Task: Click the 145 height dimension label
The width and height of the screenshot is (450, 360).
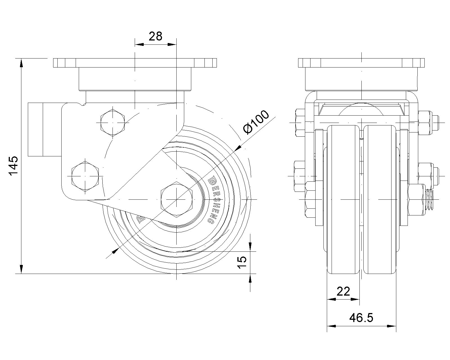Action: click(x=13, y=165)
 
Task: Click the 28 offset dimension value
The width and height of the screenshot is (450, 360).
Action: click(x=155, y=36)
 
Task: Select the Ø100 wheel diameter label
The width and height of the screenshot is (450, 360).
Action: click(x=256, y=122)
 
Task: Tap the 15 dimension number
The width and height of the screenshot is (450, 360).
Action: click(x=242, y=262)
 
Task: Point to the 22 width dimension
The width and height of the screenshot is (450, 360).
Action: click(x=343, y=291)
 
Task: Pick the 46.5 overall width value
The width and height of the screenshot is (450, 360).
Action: click(x=361, y=318)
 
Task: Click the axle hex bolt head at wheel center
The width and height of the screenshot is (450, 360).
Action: click(x=177, y=199)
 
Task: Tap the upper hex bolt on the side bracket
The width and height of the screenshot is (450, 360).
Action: click(x=113, y=123)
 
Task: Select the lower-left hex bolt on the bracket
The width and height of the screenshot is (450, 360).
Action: click(x=85, y=176)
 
